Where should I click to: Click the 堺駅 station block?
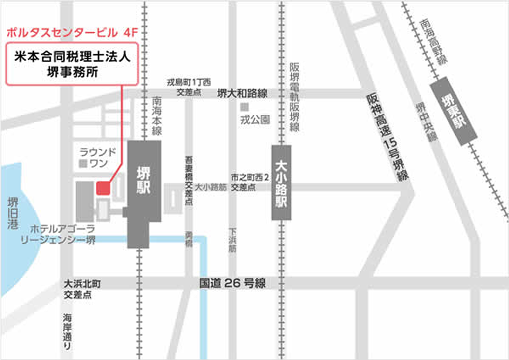(x=144, y=193)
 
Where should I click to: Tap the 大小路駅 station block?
(x=281, y=182)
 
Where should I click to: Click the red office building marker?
(x=103, y=188)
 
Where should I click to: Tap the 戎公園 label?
(x=255, y=119)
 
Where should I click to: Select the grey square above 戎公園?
(x=245, y=106)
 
